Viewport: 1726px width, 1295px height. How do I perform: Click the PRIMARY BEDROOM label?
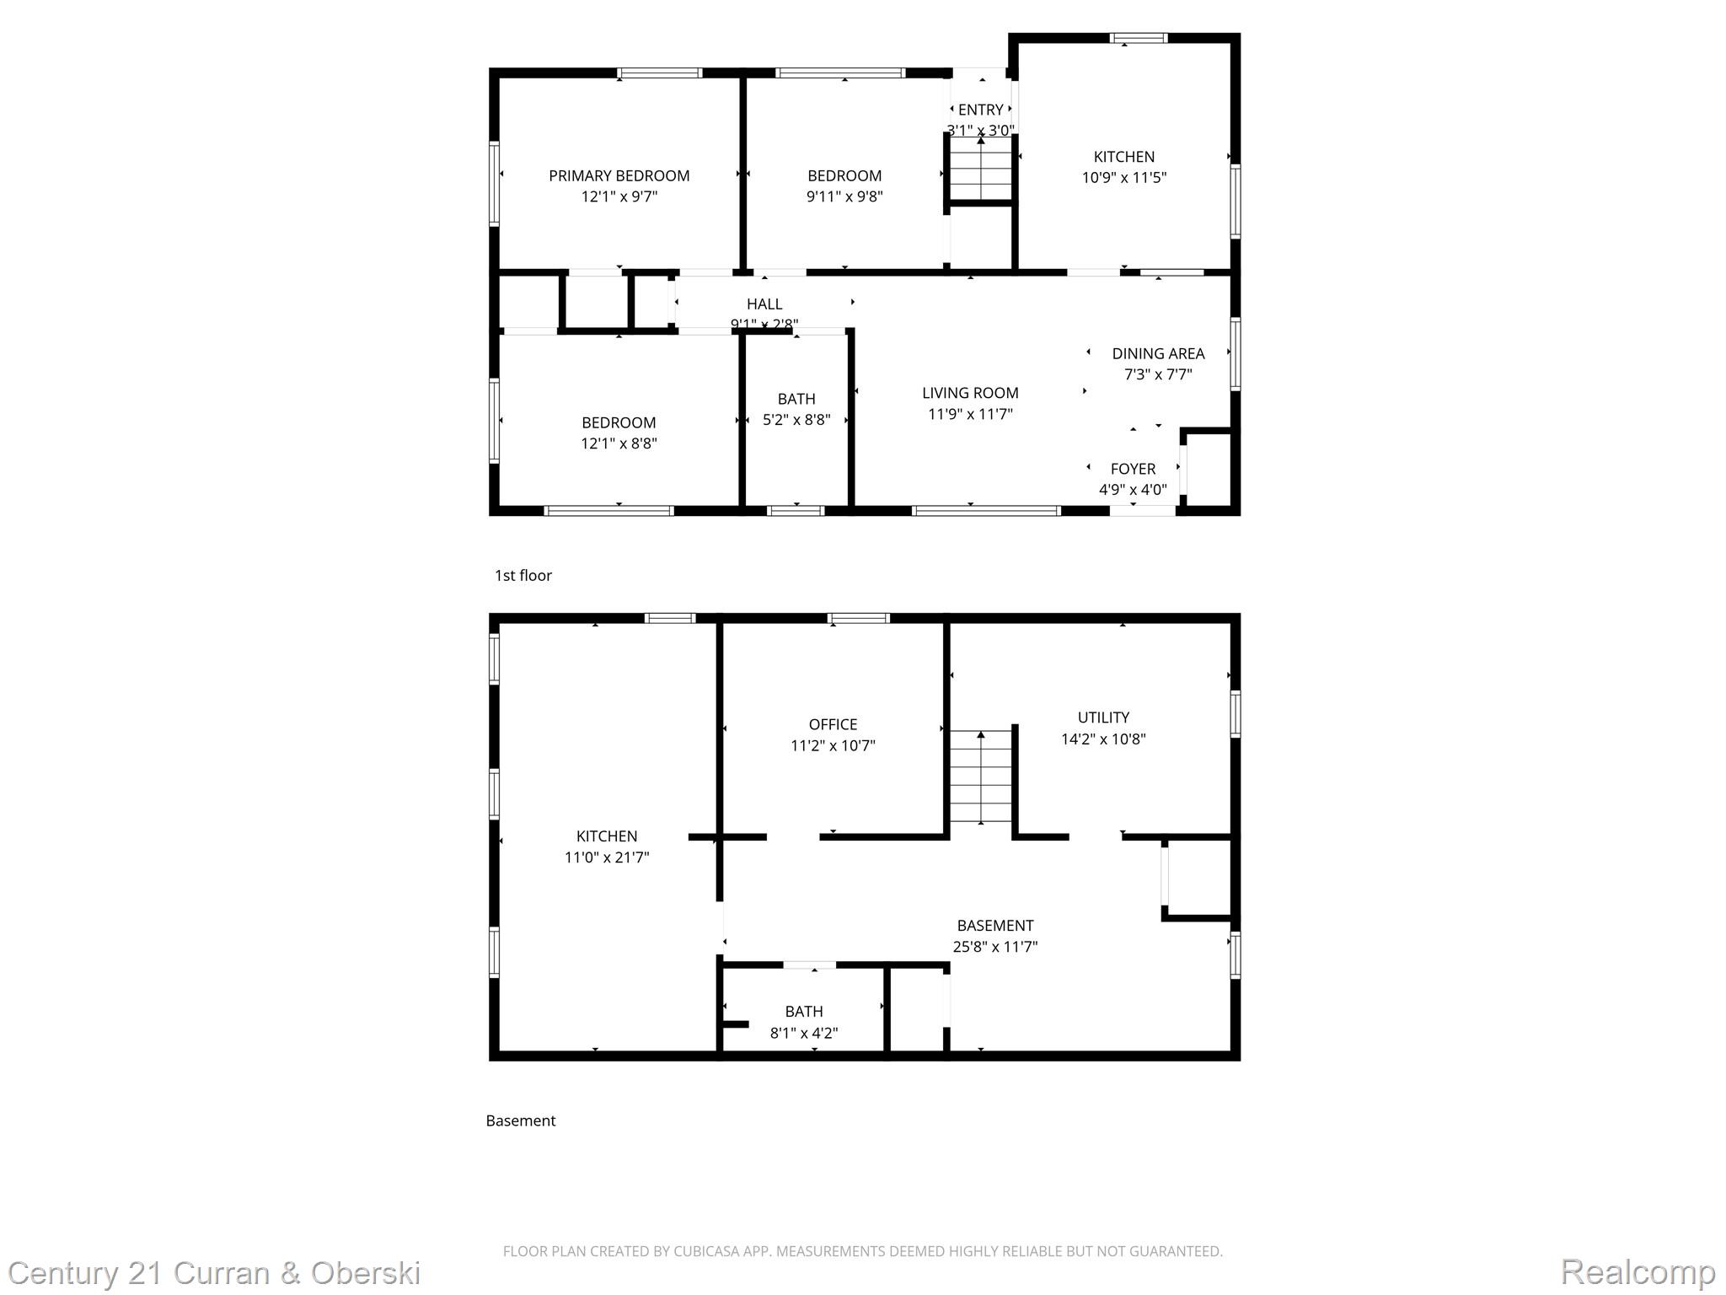pyautogui.click(x=619, y=175)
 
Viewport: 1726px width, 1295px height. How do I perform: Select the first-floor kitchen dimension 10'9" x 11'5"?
pyautogui.click(x=1123, y=178)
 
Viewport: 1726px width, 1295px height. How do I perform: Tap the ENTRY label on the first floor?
pyautogui.click(x=980, y=110)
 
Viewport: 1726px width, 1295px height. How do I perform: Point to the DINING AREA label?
pyautogui.click(x=1157, y=353)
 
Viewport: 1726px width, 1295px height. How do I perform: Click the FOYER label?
pyautogui.click(x=1132, y=469)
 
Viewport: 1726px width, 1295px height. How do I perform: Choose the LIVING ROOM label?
pyautogui.click(x=969, y=393)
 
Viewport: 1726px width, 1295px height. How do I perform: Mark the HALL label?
pyautogui.click(x=764, y=304)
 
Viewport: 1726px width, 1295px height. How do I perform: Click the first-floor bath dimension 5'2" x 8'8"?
pyautogui.click(x=796, y=420)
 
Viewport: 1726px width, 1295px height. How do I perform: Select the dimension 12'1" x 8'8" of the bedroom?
pyautogui.click(x=619, y=443)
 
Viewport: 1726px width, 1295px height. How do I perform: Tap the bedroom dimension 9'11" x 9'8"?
pyautogui.click(x=844, y=196)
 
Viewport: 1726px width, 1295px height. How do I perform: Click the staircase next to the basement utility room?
pyautogui.click(x=980, y=777)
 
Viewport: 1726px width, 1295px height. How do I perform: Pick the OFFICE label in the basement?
pyautogui.click(x=833, y=724)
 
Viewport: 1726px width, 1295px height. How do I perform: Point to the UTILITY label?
pyautogui.click(x=1102, y=717)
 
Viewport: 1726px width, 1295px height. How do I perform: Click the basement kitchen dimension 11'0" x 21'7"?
pyautogui.click(x=606, y=857)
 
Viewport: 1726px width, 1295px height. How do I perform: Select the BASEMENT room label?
pyautogui.click(x=994, y=926)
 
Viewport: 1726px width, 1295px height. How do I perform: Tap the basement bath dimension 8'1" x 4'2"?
pyautogui.click(x=803, y=1033)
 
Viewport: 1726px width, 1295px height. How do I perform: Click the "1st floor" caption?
pyautogui.click(x=523, y=576)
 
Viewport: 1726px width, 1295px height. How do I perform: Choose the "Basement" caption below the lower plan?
pyautogui.click(x=520, y=1120)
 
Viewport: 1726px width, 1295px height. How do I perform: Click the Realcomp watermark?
pyautogui.click(x=1638, y=1271)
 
